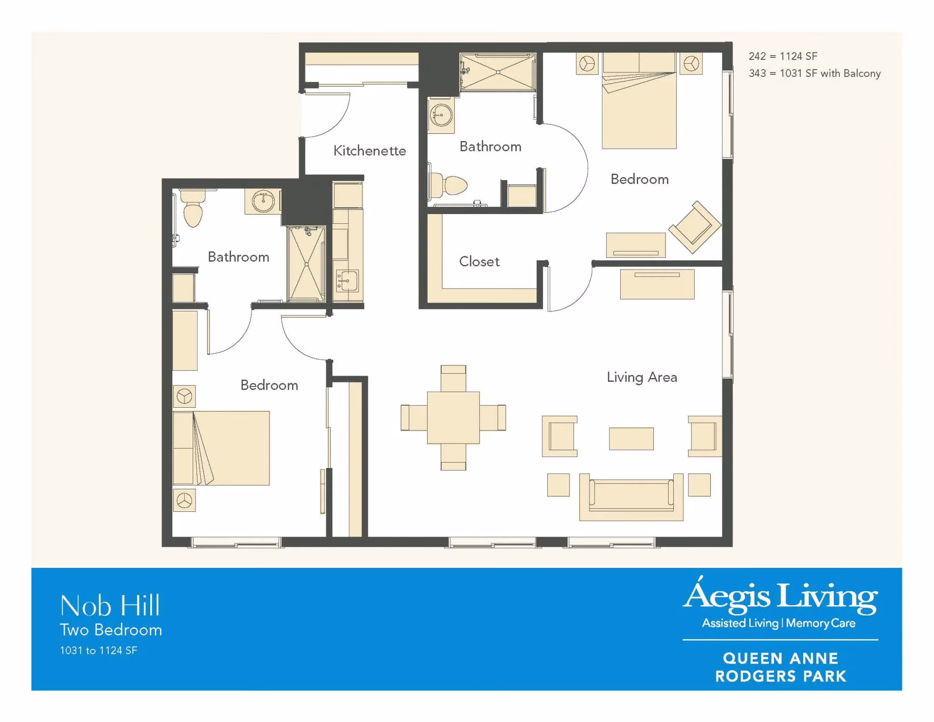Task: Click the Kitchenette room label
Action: tap(370, 151)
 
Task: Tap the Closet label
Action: tap(479, 262)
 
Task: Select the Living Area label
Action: tap(642, 378)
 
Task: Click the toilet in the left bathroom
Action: tap(193, 208)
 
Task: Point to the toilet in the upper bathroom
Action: tap(448, 185)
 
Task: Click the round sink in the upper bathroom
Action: tap(441, 115)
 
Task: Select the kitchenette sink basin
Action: tap(347, 281)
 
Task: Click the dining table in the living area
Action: tap(453, 418)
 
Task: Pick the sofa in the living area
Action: tap(631, 497)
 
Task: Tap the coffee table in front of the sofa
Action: tap(631, 439)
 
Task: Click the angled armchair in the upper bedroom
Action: tap(695, 227)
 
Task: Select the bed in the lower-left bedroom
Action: tap(221, 448)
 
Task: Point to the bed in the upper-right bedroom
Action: tap(639, 101)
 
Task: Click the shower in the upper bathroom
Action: tap(498, 72)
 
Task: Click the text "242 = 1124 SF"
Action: tap(783, 56)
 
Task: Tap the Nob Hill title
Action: tap(110, 606)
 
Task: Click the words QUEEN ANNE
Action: tap(781, 658)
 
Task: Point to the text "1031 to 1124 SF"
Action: tap(99, 650)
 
